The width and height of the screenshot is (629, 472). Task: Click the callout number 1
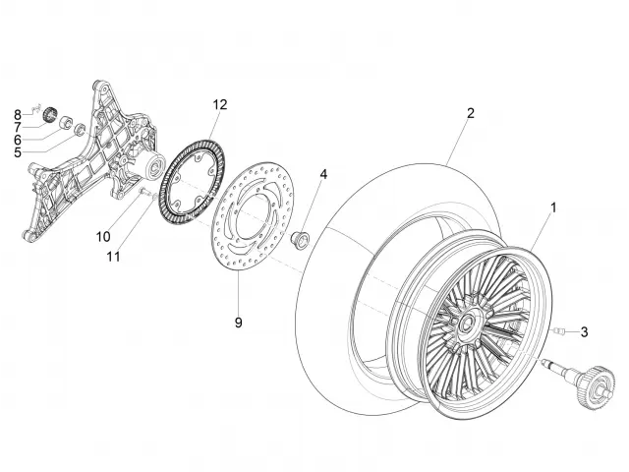553,207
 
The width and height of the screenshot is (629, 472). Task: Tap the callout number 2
470,113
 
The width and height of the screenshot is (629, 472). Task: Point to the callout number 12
218,104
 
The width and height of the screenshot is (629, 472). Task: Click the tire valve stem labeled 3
558,331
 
